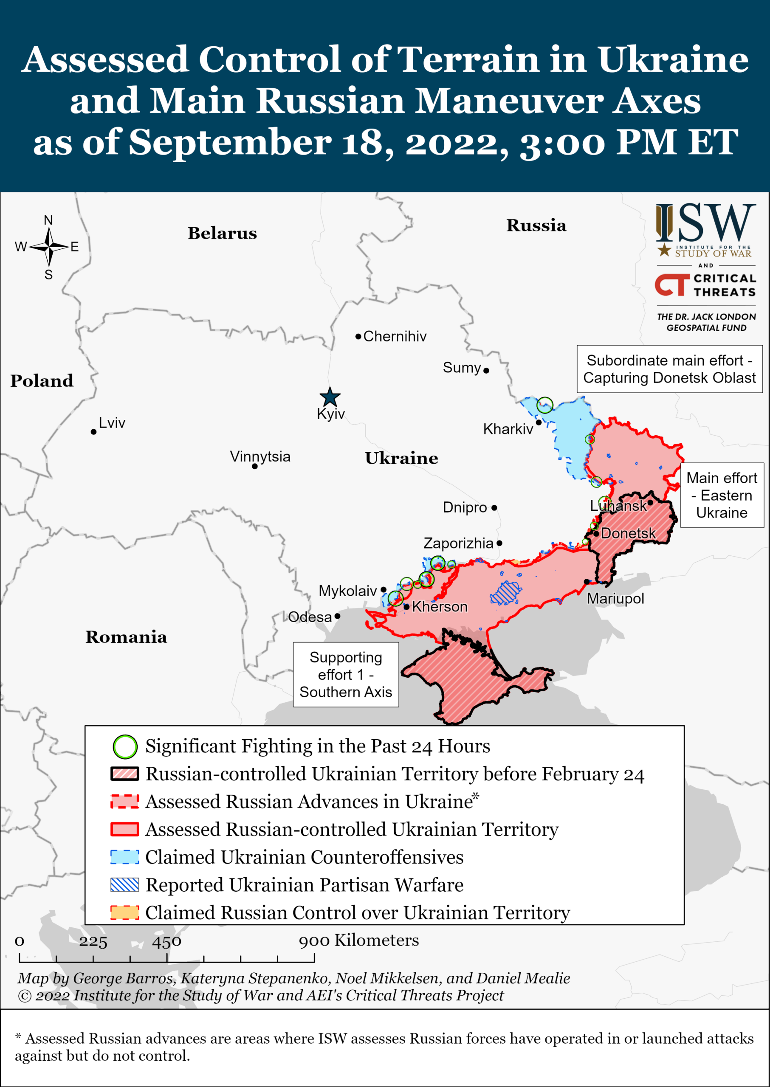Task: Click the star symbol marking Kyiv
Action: coord(330,397)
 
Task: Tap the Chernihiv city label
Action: coord(395,336)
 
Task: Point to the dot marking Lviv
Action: coord(94,431)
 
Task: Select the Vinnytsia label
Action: coord(260,456)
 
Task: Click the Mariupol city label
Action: coord(615,598)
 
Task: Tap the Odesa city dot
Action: coord(337,616)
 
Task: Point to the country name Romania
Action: coord(126,636)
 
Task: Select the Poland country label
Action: coord(42,381)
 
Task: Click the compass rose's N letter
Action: coord(48,220)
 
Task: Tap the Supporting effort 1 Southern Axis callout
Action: coord(346,674)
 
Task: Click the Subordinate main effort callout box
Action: coord(669,369)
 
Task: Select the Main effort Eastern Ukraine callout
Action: coord(722,495)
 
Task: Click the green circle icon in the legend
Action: coord(125,746)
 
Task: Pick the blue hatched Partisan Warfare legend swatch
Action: coord(125,884)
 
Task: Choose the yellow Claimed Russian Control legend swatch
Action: coord(125,912)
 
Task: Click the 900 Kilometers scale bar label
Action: coord(358,940)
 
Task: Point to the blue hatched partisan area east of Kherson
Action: coord(506,593)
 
